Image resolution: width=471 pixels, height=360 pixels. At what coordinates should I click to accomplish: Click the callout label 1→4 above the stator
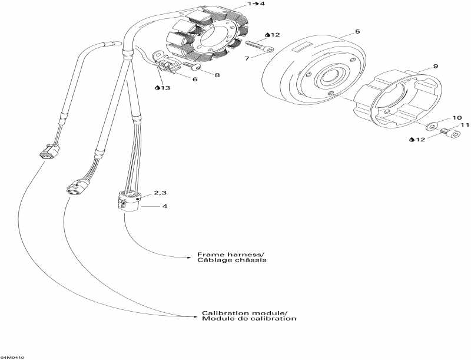(240, 4)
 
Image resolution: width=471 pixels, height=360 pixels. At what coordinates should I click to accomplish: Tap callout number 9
(435, 67)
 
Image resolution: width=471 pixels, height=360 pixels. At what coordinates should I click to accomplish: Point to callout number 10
(456, 118)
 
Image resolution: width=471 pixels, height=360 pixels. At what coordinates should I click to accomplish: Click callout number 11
(465, 125)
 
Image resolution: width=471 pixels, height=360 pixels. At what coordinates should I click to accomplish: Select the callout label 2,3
(160, 193)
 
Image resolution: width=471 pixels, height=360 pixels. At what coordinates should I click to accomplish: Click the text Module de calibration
(248, 319)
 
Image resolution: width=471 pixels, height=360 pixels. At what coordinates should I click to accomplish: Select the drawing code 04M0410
(12, 357)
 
